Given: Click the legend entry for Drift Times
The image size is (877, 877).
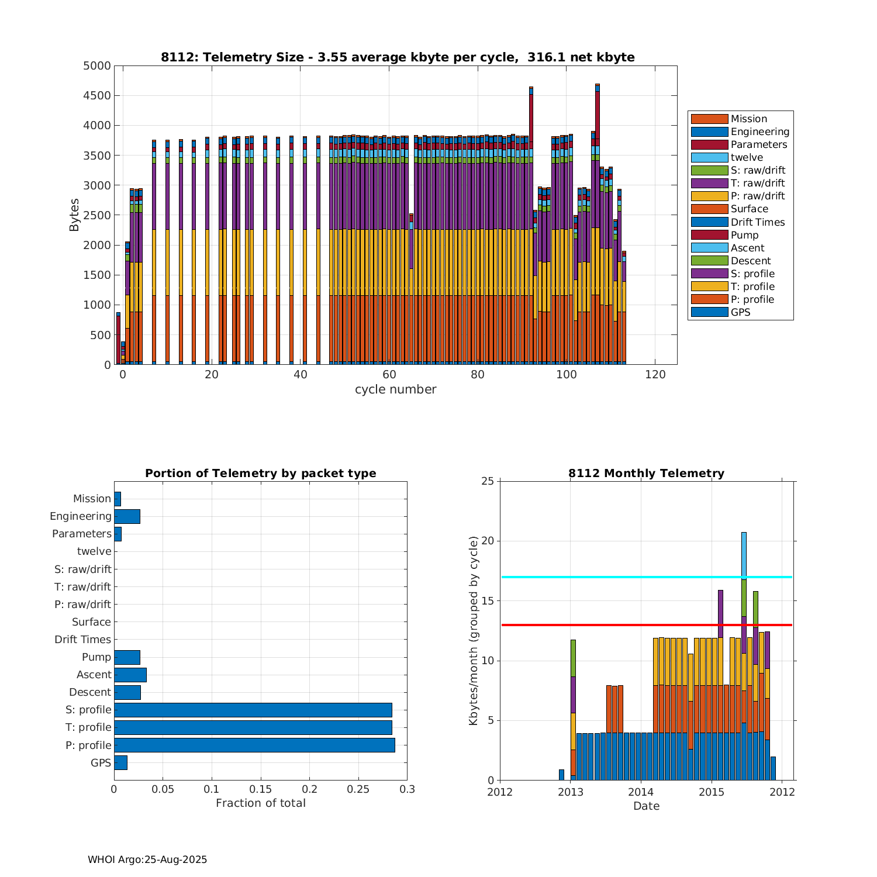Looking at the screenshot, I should tap(757, 222).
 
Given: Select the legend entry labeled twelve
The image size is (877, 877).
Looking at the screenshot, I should tap(747, 157).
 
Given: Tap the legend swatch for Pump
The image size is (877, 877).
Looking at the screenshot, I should tap(709, 235).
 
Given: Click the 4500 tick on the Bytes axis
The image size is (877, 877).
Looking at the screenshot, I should tap(97, 96).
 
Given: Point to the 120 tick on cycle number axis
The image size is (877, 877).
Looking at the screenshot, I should tap(655, 375).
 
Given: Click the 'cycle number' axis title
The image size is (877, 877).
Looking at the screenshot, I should tap(395, 389).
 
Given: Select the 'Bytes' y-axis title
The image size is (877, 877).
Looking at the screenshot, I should tap(74, 215).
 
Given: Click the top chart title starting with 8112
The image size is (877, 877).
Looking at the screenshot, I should tap(398, 57).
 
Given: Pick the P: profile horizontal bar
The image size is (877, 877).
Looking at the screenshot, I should tap(254, 745).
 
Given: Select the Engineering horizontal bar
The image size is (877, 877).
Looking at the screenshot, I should tap(127, 516).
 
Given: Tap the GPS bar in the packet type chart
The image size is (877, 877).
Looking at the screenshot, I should tap(120, 762).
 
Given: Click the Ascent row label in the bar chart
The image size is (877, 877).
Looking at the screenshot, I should tap(94, 675).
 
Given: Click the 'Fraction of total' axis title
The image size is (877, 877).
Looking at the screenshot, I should tap(261, 803).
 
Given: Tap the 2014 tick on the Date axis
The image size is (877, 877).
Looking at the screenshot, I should tap(641, 792).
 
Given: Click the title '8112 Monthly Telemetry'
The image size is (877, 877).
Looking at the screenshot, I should tap(646, 474).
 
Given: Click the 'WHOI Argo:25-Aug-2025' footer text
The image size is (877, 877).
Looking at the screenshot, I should tap(147, 859).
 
